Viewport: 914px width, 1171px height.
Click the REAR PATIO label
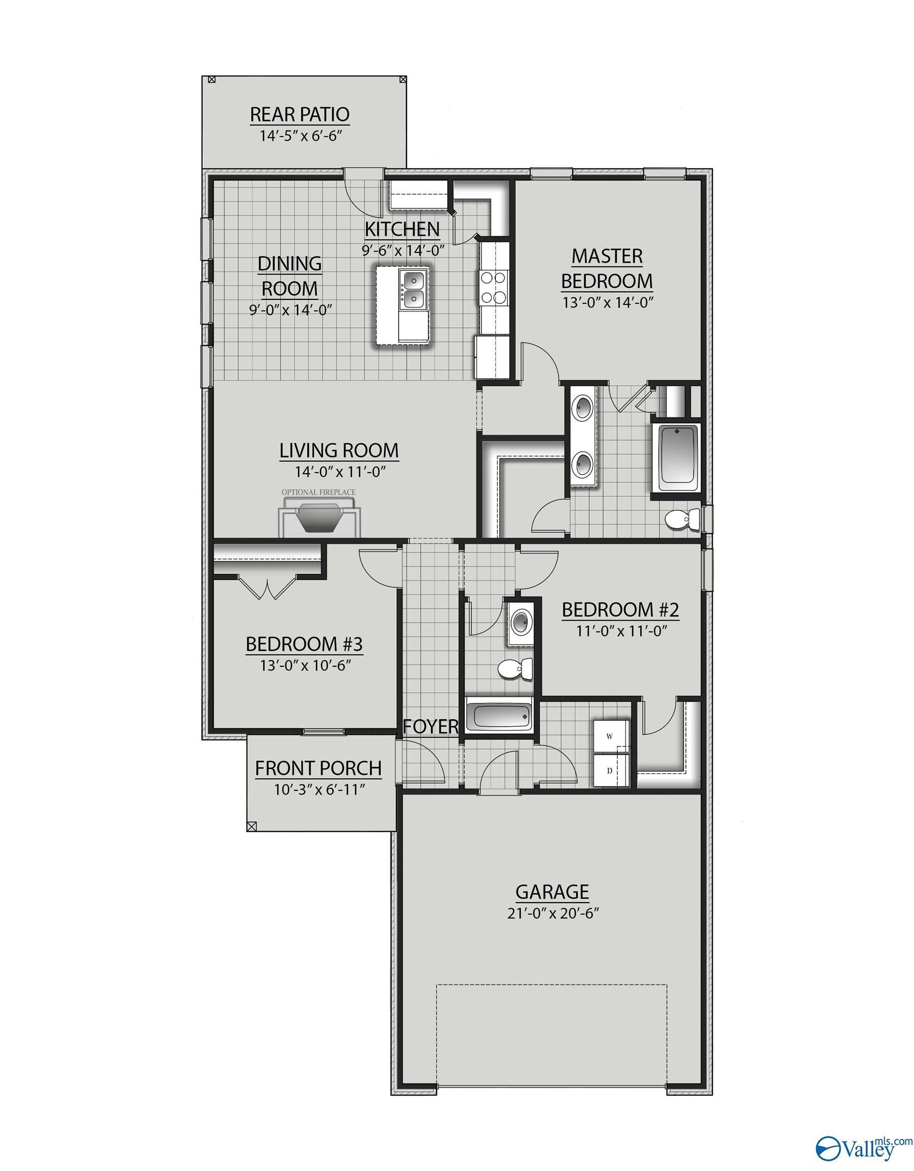(x=300, y=114)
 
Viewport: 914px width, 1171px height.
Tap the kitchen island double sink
(x=414, y=290)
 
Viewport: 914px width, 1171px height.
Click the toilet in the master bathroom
(x=680, y=518)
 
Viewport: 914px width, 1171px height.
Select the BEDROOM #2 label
(x=620, y=609)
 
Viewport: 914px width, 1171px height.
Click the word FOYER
(x=431, y=726)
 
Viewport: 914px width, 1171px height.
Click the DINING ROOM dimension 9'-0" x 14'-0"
(x=290, y=310)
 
